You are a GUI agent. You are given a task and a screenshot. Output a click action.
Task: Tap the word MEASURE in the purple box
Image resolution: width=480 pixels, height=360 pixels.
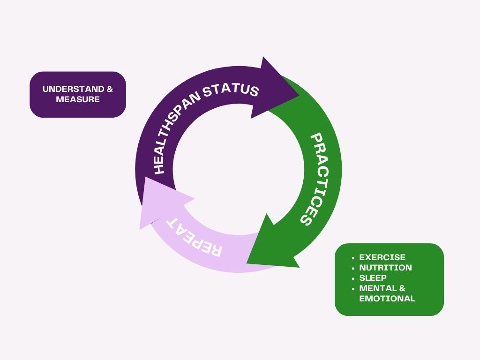[78, 99]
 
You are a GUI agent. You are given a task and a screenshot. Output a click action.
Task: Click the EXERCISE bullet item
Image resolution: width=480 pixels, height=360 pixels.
[382, 257]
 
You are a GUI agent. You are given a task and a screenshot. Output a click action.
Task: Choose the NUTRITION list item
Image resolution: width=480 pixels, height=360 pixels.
[385, 268]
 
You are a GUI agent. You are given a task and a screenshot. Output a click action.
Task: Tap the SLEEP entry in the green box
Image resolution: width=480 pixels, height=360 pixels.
[373, 278]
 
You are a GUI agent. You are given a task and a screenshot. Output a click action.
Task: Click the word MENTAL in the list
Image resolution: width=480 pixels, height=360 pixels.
[377, 288]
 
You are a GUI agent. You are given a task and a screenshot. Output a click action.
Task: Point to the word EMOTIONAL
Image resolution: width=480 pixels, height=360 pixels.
[387, 299]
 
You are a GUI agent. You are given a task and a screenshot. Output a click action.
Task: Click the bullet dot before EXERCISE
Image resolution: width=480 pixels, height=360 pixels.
[353, 258]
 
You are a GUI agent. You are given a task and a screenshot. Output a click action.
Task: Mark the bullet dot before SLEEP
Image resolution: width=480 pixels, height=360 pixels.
[353, 278]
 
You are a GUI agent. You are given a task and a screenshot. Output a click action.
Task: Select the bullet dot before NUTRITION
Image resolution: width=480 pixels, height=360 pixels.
[353, 268]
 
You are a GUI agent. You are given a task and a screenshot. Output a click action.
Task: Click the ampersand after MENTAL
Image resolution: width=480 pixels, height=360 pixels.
[402, 288]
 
